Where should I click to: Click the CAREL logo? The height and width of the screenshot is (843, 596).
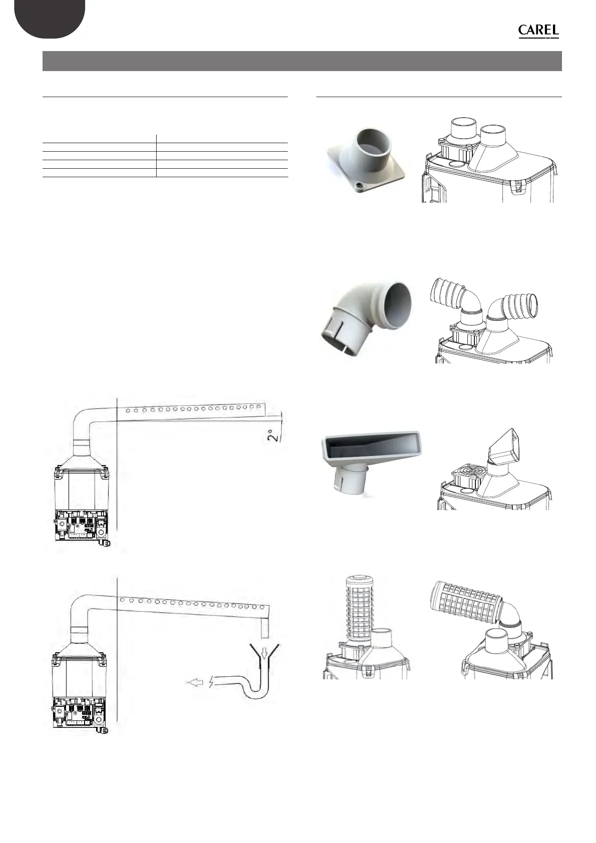(x=538, y=31)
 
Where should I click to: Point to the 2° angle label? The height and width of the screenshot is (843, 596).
(x=272, y=431)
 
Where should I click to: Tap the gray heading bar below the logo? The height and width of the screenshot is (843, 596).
(x=302, y=61)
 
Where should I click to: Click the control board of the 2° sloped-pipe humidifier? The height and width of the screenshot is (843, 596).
(x=80, y=525)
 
